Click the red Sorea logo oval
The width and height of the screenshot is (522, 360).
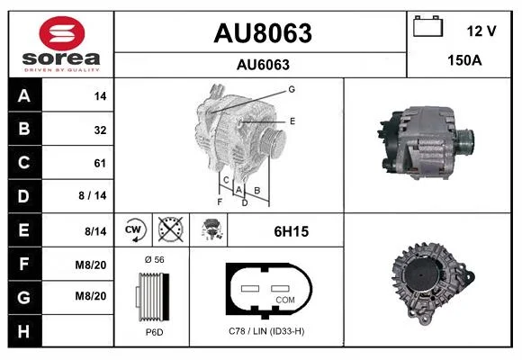click(62, 33)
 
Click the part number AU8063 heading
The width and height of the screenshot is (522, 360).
click(263, 33)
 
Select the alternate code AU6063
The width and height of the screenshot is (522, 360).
click(263, 65)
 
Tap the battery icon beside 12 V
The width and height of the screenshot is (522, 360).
click(428, 26)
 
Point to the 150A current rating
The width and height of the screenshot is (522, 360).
click(464, 60)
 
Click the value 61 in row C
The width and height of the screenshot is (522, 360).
click(100, 163)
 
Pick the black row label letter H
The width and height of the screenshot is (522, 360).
click(23, 331)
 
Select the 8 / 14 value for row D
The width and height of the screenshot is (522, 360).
click(93, 195)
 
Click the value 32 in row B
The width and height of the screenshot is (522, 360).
click(100, 130)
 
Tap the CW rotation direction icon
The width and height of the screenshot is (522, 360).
click(133, 229)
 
